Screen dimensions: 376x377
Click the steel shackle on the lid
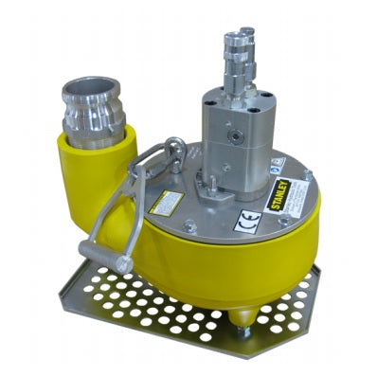point(171,156)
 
